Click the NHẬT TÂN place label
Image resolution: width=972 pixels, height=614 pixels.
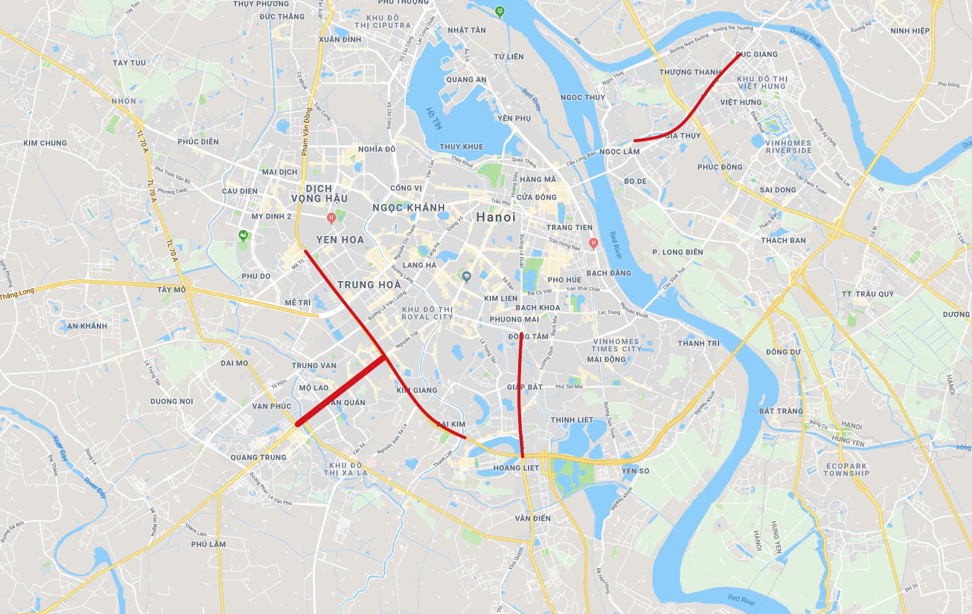coord(466,30)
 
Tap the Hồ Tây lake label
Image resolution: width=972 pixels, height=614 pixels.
coord(434,118)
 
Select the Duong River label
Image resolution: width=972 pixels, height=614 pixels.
coord(806,38)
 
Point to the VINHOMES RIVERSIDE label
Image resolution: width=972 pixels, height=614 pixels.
coord(788,147)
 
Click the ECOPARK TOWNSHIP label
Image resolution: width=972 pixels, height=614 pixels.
coord(846,470)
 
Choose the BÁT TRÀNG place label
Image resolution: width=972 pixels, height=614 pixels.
coord(781,411)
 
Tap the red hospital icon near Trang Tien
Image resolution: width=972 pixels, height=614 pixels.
coord(593,242)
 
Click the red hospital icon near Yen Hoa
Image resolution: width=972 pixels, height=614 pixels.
coord(332,218)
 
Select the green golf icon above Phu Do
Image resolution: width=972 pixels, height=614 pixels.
coord(244,235)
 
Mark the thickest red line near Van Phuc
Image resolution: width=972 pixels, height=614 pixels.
coord(341,391)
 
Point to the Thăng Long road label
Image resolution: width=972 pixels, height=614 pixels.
coord(17,294)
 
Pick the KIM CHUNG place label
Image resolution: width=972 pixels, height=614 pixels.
coord(45,143)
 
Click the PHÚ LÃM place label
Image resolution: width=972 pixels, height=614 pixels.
coord(208,544)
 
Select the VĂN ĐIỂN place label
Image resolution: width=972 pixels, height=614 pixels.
coord(533,518)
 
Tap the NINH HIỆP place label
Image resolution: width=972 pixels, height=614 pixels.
coord(910,31)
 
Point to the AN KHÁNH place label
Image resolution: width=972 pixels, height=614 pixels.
coord(87,326)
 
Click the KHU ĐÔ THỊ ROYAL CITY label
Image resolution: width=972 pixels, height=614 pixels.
coord(427,313)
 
